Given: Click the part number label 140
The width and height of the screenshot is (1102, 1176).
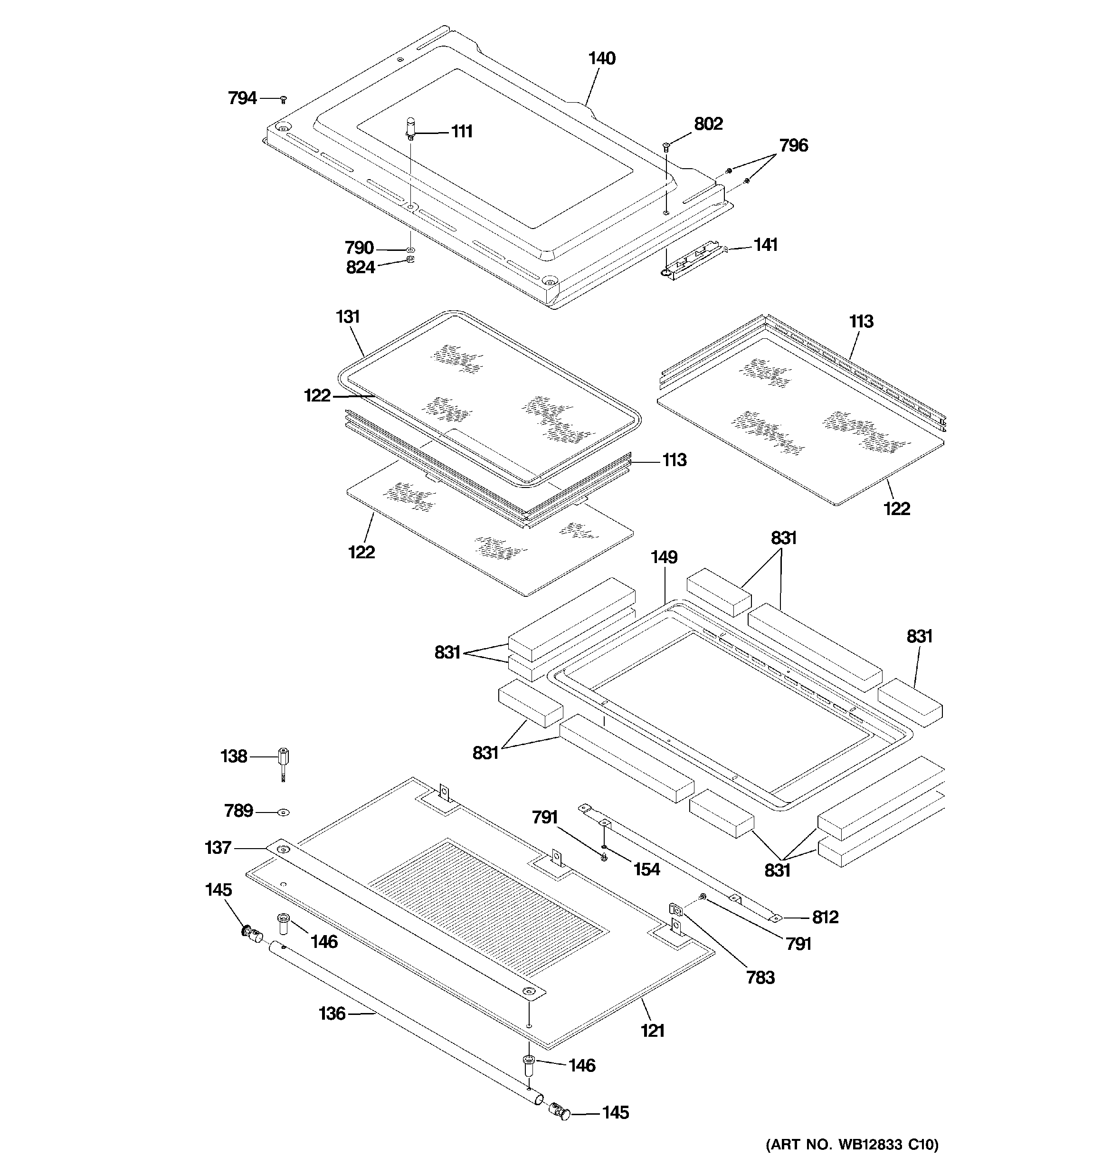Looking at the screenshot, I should [x=601, y=58].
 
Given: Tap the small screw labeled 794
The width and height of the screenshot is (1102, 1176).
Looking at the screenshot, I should [x=284, y=99].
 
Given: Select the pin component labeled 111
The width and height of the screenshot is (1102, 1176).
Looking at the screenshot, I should [x=410, y=129].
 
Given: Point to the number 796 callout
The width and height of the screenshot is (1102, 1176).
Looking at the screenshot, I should [x=793, y=145].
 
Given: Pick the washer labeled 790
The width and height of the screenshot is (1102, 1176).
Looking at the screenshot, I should [x=410, y=250].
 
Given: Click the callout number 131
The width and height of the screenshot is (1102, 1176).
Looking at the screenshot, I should [x=348, y=317].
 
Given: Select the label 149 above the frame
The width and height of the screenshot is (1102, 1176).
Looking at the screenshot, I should [x=664, y=557].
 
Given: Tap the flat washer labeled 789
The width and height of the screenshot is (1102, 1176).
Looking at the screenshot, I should [x=284, y=813].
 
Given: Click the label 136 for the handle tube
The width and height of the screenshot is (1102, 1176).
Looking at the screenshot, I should [x=332, y=1013].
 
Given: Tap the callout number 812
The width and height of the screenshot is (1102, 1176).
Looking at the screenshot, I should [x=825, y=917].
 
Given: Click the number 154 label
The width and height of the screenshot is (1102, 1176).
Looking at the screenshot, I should [x=646, y=869].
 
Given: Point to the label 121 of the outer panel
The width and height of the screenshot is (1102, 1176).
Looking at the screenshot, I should [x=653, y=1031].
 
